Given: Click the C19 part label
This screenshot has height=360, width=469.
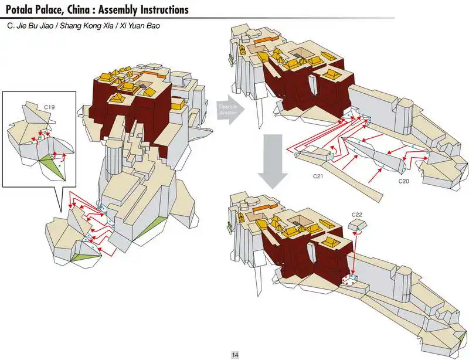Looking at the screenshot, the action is click(x=49, y=108).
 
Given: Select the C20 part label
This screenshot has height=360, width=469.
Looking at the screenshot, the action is click(x=403, y=182).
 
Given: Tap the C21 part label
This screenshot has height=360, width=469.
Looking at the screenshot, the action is click(x=318, y=175).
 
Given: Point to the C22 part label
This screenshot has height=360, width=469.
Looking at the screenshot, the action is click(x=358, y=216).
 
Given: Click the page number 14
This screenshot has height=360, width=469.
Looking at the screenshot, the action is click(x=235, y=354).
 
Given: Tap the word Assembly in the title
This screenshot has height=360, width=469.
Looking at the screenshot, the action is click(x=115, y=10).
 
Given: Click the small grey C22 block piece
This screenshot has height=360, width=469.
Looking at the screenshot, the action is click(x=357, y=226).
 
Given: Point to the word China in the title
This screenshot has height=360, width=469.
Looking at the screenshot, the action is click(x=80, y=10).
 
